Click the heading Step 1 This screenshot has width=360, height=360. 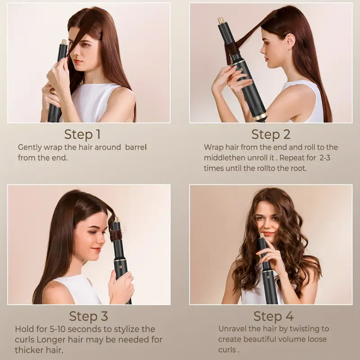coord(82,134)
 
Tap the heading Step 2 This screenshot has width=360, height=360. coord(271,134)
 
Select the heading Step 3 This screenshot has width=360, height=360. coord(89,316)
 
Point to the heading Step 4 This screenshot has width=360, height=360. coord(274,316)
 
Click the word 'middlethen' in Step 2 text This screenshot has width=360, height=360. coord(225,157)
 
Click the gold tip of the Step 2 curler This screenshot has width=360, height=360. coord(221,21)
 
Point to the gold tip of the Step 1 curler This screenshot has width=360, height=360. coord(64,42)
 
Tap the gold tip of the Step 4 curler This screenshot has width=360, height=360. coord(261,235)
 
